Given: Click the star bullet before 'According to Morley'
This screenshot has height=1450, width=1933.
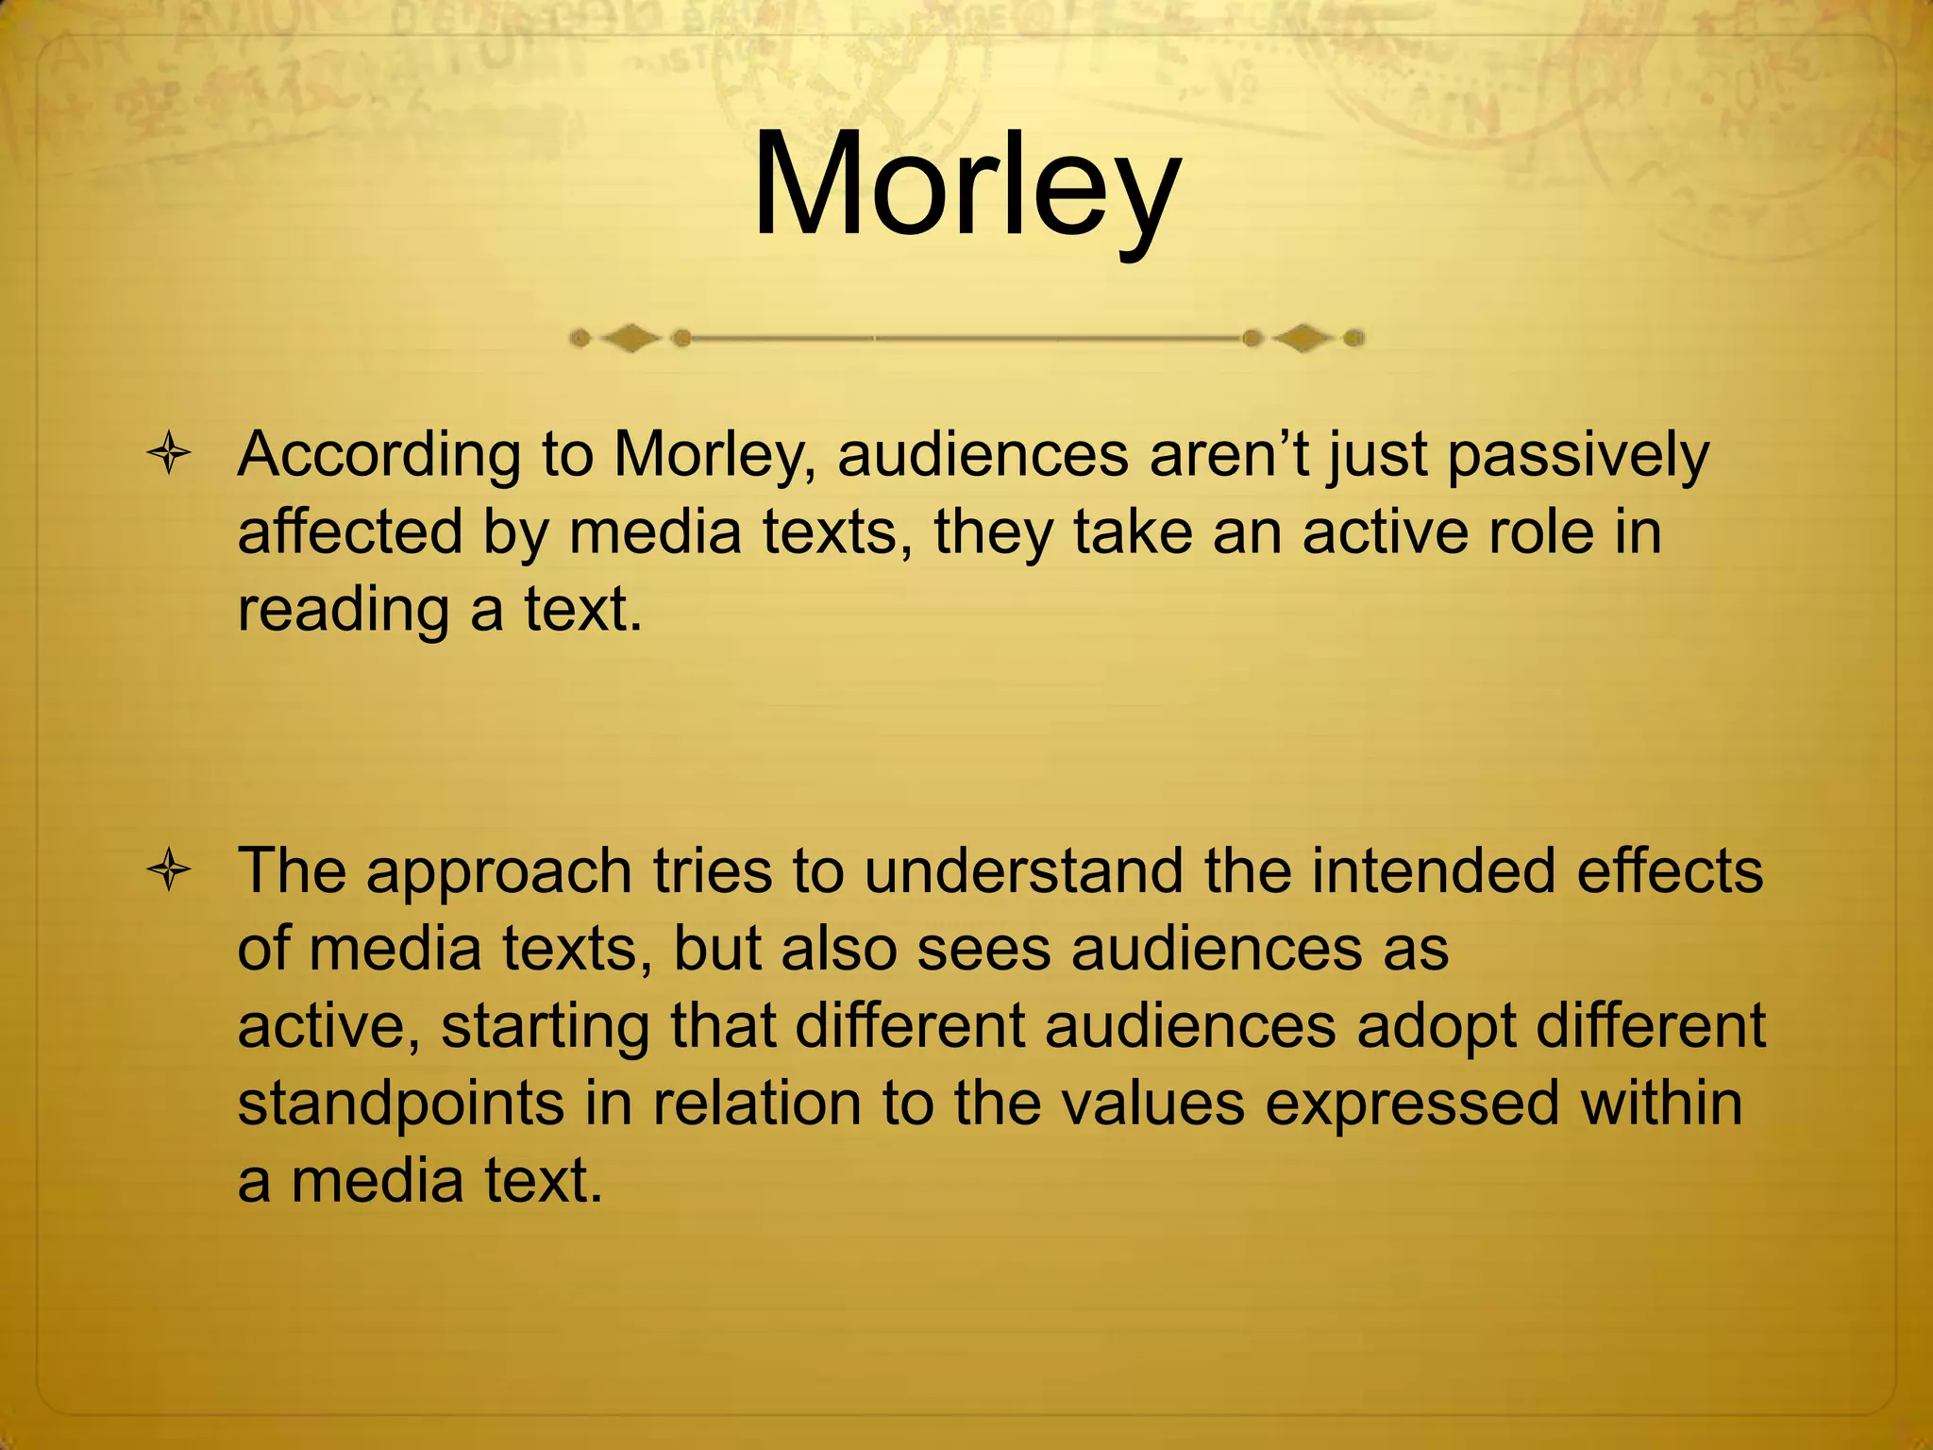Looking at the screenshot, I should (x=170, y=455).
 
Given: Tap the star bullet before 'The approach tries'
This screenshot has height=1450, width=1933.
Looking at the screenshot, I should (x=170, y=870).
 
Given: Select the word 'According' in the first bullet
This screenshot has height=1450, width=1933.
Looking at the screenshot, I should (x=378, y=457).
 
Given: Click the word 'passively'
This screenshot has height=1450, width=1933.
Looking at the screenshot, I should (x=1577, y=457).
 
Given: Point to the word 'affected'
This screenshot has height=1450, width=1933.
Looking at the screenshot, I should (x=350, y=532).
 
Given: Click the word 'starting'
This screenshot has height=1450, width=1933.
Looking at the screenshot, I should (x=545, y=1027).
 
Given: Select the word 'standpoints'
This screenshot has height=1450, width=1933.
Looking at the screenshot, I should (x=400, y=1104).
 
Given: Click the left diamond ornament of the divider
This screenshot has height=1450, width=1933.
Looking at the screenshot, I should (x=630, y=338).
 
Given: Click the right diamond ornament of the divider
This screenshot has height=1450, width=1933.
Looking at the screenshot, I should (x=1303, y=338).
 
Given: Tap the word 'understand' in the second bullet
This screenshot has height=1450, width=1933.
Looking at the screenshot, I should (x=1023, y=870).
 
